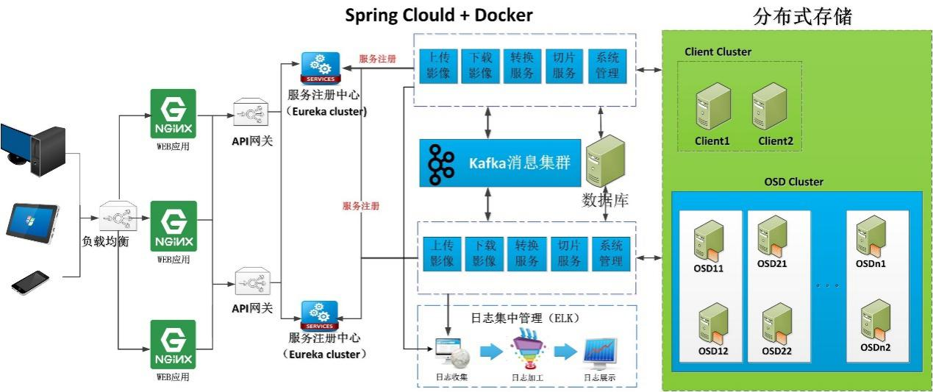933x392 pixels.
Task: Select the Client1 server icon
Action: (712, 108)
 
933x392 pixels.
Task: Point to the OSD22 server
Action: (775, 323)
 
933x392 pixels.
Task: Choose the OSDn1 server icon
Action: (871, 235)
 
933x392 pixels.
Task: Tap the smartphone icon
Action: (30, 282)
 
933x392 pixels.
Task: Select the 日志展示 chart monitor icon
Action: (600, 353)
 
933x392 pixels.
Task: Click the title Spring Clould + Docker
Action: (439, 15)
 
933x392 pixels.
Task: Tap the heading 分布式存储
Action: (802, 17)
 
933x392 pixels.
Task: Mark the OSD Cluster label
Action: (793, 182)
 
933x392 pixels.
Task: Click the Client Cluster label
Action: (718, 51)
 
